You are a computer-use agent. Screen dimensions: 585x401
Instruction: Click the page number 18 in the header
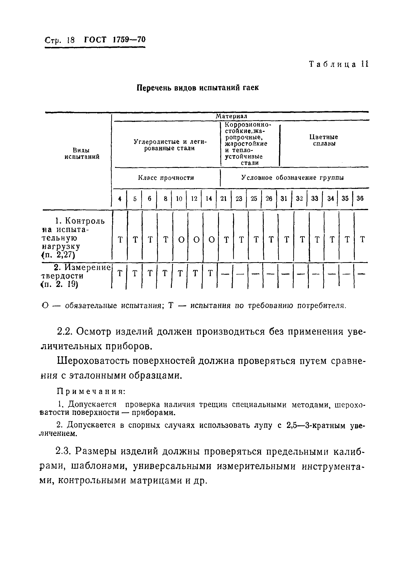(71, 40)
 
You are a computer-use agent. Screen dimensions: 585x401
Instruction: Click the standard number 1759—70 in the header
(129, 40)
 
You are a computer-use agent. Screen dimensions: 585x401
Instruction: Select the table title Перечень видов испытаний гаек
(198, 88)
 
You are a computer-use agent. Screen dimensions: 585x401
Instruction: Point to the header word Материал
(231, 116)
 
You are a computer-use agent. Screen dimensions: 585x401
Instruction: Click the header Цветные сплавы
(324, 141)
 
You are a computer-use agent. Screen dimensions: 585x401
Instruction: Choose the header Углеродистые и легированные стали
(170, 145)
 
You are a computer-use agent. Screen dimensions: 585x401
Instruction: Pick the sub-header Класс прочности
(166, 178)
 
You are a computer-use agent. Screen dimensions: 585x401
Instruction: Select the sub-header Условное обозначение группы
(293, 178)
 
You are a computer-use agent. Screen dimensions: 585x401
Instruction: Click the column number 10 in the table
(179, 199)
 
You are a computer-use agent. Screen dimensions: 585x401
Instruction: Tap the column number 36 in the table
(360, 199)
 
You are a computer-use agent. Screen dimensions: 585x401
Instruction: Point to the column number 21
(223, 199)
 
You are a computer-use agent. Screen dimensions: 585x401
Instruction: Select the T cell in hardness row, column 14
(211, 273)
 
